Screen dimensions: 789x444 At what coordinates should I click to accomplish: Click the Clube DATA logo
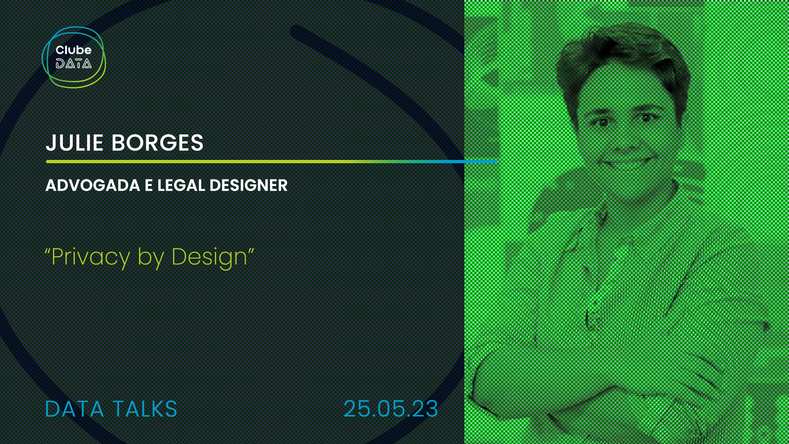point(74,57)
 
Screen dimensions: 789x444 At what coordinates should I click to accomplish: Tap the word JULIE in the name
point(74,143)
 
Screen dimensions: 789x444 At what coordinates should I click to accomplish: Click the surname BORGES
point(157,143)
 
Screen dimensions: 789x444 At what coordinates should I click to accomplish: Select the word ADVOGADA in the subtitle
point(93,185)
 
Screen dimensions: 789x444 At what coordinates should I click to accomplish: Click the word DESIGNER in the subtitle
point(249,185)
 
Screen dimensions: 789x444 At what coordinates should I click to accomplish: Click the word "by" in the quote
point(151,258)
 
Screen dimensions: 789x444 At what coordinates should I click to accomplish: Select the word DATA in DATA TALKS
point(74,409)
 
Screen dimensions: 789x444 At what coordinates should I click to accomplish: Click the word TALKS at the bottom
point(145,409)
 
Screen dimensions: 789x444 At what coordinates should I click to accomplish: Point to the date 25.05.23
point(391,409)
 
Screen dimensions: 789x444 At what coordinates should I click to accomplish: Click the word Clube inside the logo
point(74,50)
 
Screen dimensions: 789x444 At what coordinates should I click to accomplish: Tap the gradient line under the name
point(272,162)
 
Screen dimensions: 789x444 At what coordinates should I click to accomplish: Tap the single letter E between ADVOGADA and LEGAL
point(148,185)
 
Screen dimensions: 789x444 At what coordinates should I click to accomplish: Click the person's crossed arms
point(596,395)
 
